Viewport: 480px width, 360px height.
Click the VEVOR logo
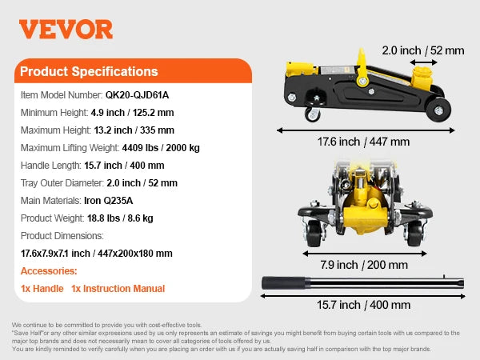pos(66,30)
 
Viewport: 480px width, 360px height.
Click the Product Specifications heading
pos(89,71)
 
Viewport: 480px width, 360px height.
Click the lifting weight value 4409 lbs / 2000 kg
pos(162,147)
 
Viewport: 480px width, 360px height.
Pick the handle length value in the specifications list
pos(124,166)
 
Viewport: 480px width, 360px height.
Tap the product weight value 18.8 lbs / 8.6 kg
pos(118,218)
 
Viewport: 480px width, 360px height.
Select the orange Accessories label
pos(49,271)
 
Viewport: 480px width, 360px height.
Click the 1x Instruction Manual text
pos(118,289)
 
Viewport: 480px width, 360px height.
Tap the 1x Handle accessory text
pos(42,289)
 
